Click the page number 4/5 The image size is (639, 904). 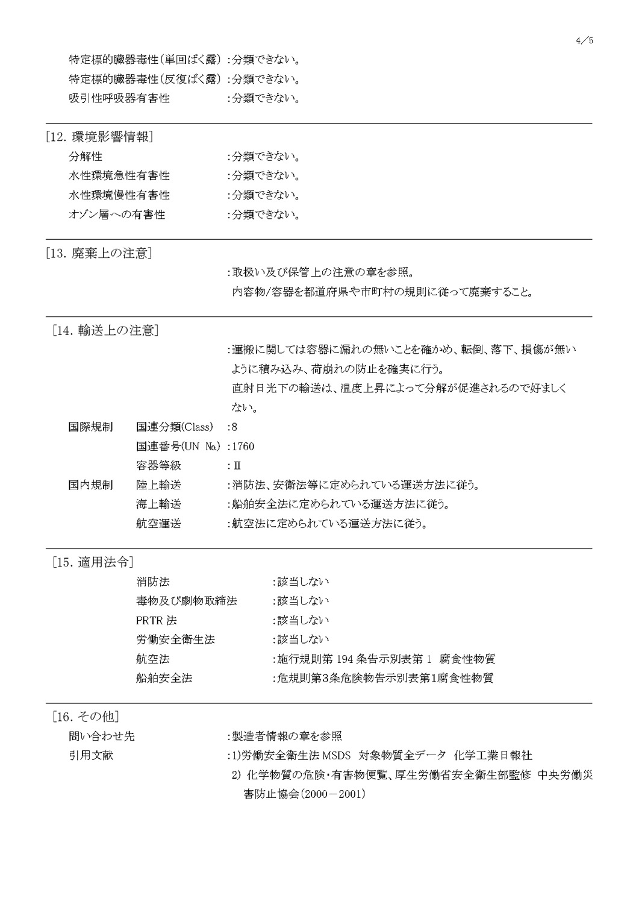pos(584,40)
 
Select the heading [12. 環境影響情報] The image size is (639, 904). pos(99,137)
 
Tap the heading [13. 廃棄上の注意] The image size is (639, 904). pos(98,253)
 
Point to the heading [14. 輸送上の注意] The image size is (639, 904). pos(105,330)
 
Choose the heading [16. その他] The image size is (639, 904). pos(86,717)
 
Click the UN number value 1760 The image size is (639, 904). pos(243,447)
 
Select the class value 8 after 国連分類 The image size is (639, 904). pos(234,427)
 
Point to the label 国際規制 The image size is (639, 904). pos(90,427)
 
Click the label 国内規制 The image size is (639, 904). pos(90,485)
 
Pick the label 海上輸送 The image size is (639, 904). pos(158,504)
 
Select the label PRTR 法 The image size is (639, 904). pos(157,620)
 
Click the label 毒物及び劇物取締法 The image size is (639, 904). pos(186,601)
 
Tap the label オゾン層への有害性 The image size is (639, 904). pos(117,215)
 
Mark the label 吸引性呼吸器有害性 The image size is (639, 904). pos(119,98)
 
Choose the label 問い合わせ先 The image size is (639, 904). pos(102,736)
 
